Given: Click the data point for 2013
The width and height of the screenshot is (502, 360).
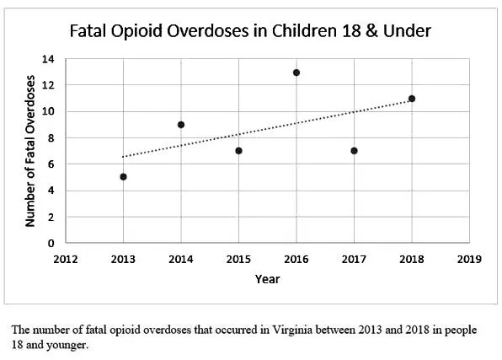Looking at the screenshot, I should coord(123,177).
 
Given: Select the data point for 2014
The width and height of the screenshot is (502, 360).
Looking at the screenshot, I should coord(181,125).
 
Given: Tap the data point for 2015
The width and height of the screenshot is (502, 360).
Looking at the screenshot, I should coord(238,151).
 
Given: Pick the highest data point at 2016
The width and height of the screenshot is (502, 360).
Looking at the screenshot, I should coord(296,73).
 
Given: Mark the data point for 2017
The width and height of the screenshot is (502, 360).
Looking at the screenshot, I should coord(354,151).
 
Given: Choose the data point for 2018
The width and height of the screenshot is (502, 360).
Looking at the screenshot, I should coord(412,99).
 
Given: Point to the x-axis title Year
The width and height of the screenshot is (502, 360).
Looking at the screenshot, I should coord(267,279).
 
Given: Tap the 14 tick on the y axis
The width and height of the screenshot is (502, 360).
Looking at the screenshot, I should coord(49,59).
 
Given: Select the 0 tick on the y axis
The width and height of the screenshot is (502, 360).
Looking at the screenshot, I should coord(51,243).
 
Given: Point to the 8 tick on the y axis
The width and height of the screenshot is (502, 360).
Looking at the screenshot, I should coord(51,138).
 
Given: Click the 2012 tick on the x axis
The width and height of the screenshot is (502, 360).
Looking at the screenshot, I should coord(66,259).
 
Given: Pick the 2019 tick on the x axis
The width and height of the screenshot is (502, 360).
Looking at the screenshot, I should coord(469,259).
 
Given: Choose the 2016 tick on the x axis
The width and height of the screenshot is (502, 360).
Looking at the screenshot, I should coord(296,259).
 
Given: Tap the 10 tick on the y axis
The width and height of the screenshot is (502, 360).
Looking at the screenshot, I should coord(49,112).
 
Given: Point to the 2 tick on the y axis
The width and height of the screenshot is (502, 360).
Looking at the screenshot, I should coord(51,217).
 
